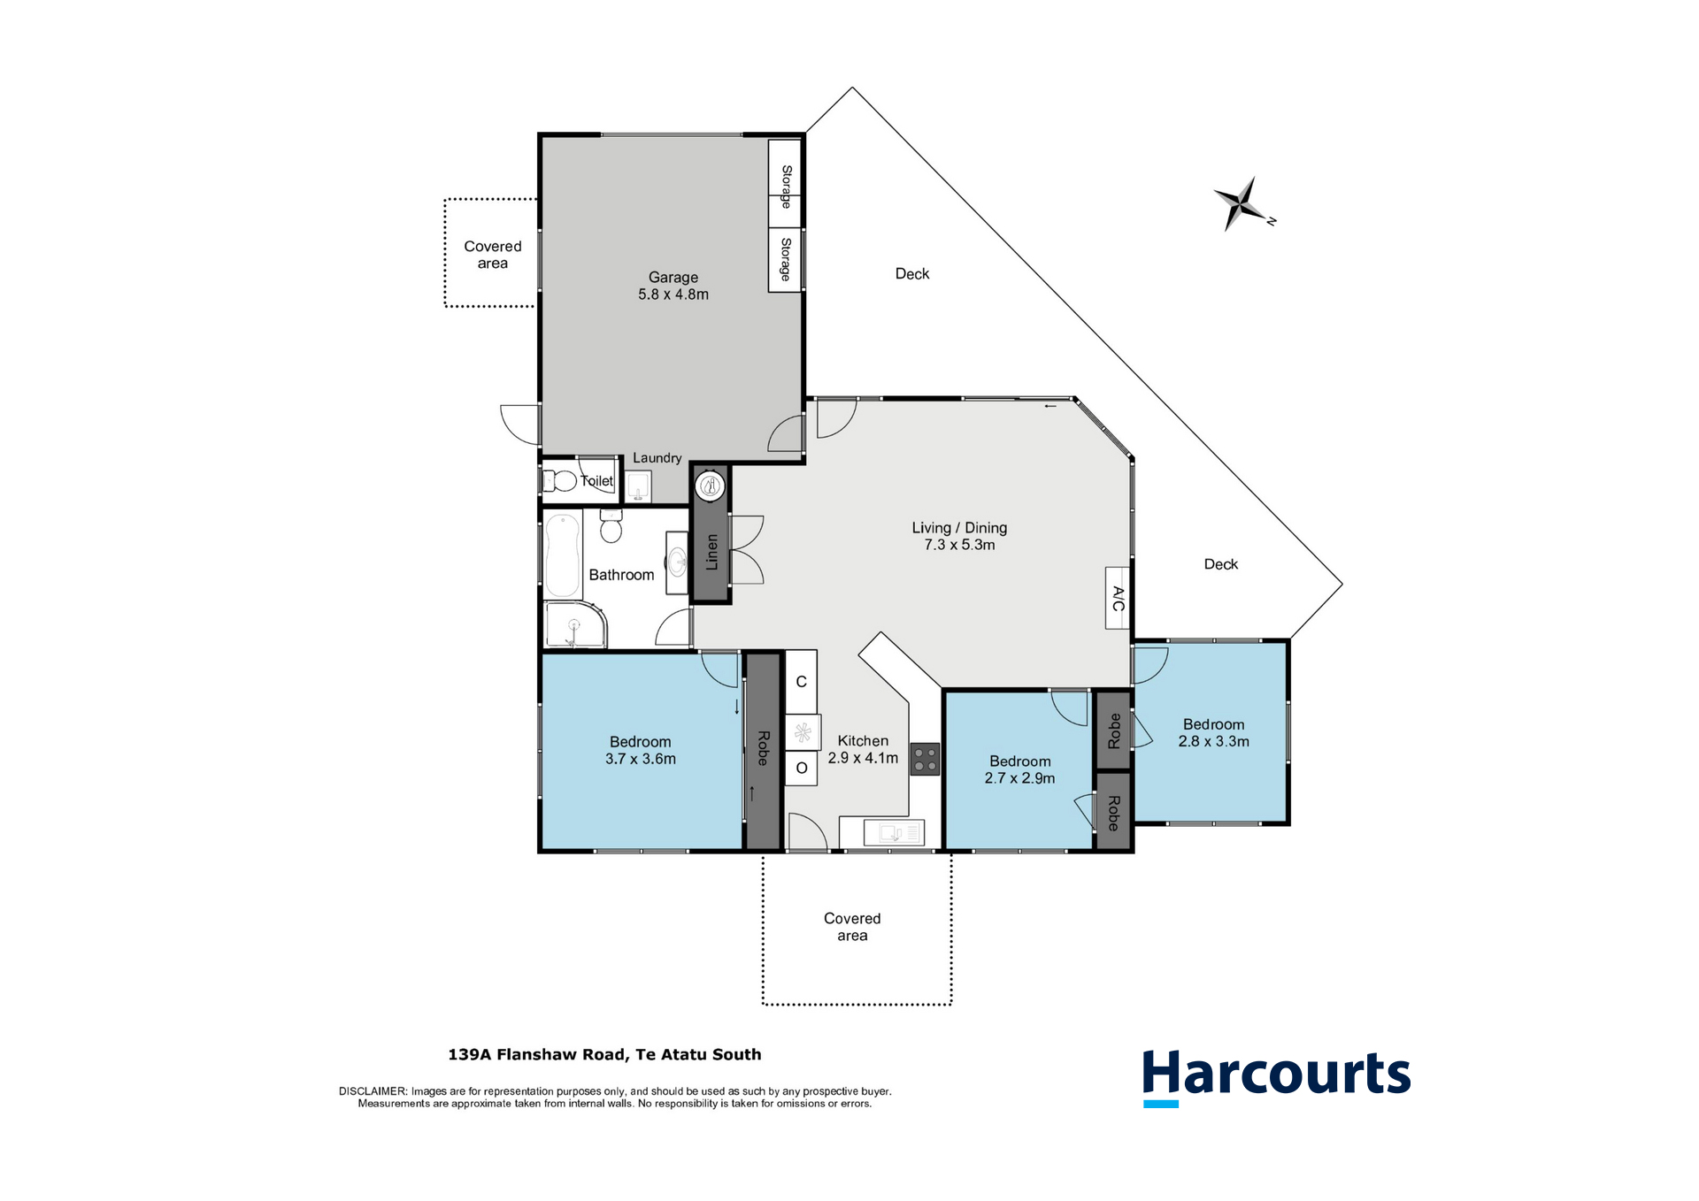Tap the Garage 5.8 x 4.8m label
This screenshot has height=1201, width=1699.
(673, 286)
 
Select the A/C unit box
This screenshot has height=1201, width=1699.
(1118, 598)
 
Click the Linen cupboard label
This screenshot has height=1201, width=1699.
(711, 552)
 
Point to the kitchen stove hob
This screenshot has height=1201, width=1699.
(926, 759)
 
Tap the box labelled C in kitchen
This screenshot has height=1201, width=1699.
(801, 682)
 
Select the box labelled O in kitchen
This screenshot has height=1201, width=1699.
(801, 768)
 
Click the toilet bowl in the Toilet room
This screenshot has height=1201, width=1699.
(563, 481)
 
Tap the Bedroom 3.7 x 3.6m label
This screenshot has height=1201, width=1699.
(641, 750)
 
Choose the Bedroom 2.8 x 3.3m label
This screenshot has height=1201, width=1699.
(1213, 732)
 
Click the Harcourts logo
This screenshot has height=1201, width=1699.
(1276, 1075)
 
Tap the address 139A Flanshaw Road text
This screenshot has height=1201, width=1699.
(604, 1054)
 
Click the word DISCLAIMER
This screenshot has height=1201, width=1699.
(373, 1091)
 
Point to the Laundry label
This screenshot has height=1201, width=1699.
(657, 457)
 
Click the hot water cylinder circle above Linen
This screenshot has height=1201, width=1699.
(710, 485)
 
